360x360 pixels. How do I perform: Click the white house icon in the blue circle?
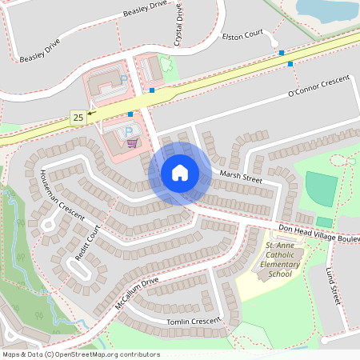[180, 173]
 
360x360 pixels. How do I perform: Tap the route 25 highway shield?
[78, 118]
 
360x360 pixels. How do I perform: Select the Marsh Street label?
[241, 178]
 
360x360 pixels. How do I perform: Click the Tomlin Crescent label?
[193, 322]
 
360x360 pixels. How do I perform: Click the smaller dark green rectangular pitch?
[324, 222]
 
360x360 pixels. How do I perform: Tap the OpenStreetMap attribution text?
[81, 354]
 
